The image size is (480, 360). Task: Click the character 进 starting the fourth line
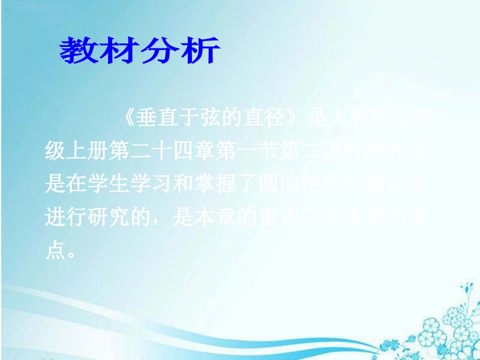(x=56, y=219)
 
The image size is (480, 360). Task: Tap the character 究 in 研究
(x=119, y=219)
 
